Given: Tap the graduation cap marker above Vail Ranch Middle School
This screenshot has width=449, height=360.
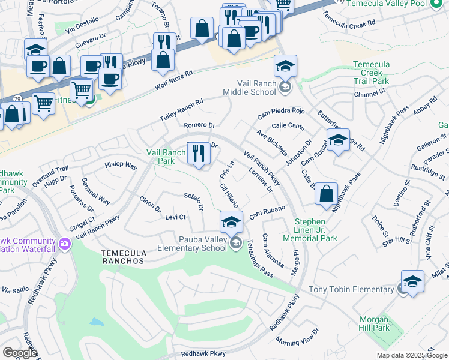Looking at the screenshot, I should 285,66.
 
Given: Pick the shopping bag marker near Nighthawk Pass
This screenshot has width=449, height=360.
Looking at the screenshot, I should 326,193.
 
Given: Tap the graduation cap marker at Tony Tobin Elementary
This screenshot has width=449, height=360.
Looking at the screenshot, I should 412,281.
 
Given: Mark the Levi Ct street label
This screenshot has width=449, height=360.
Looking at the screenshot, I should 175,217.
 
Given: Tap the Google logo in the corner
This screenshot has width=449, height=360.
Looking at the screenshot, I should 19,353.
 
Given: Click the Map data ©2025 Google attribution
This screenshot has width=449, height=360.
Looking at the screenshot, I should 412,355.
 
